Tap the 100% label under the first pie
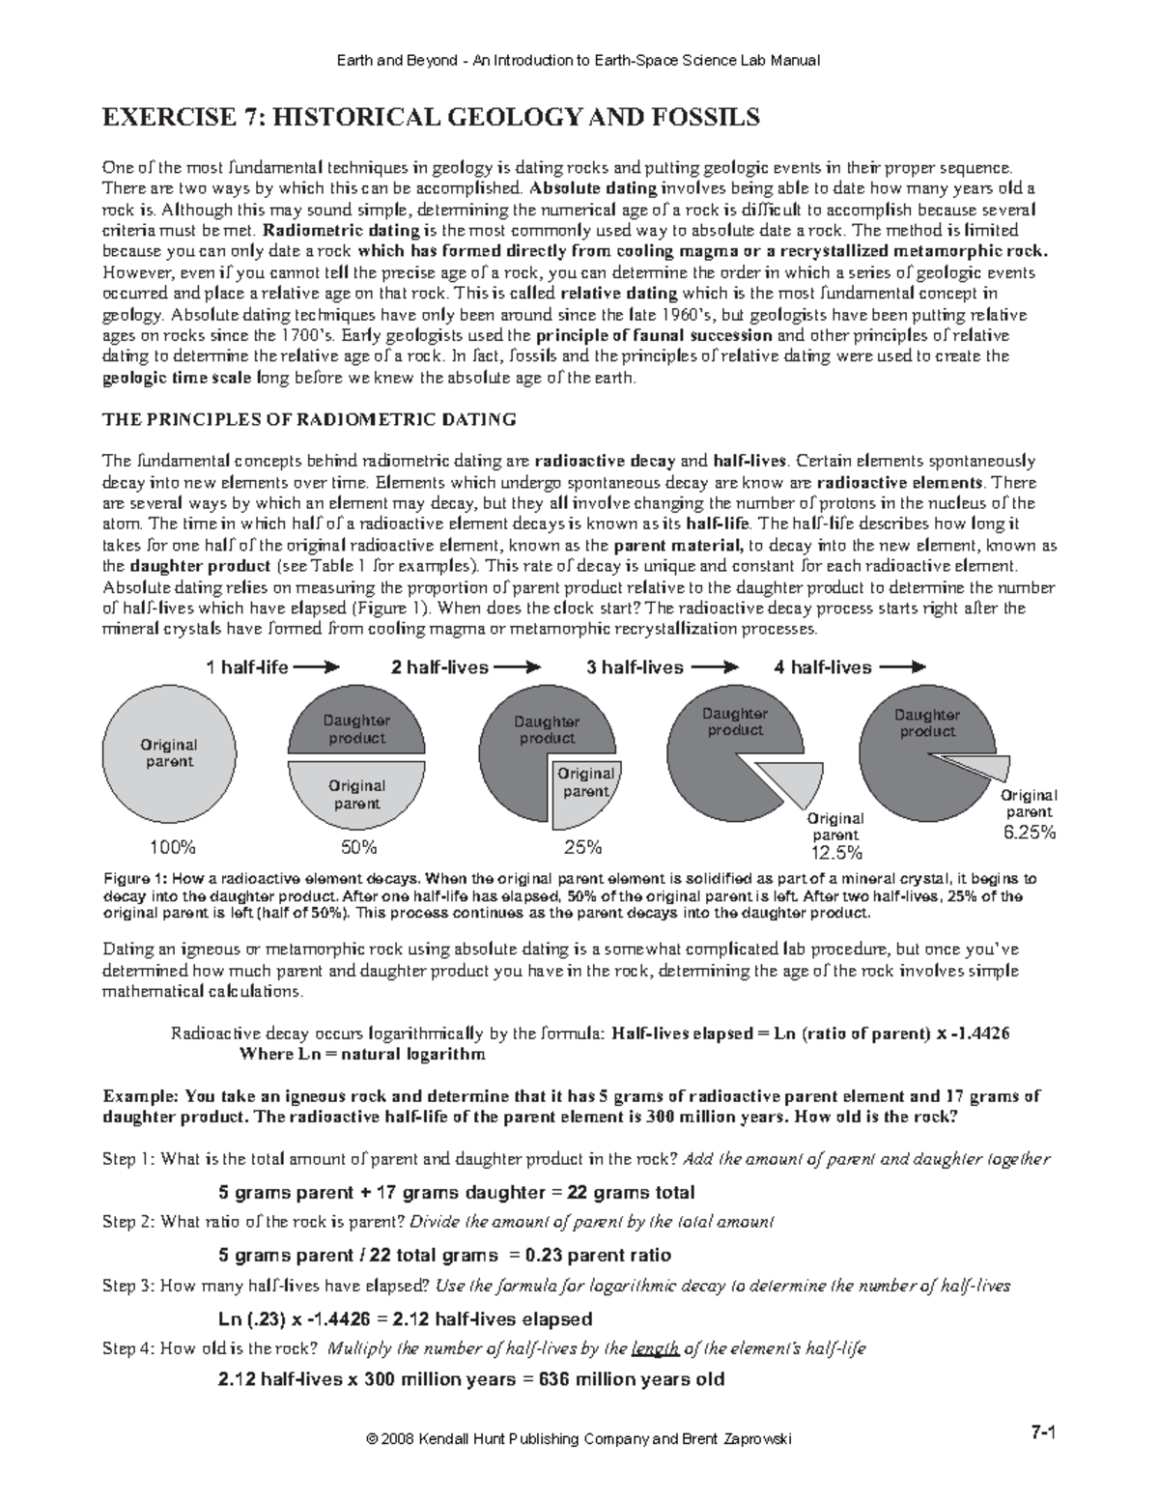(x=172, y=848)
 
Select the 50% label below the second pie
(x=357, y=848)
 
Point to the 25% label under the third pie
(x=582, y=848)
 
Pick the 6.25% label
(x=1030, y=832)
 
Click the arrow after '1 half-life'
(x=318, y=667)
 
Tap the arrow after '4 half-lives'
(x=903, y=667)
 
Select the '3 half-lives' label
(x=635, y=667)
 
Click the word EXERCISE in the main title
(x=165, y=118)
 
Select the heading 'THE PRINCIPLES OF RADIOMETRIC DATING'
(x=309, y=419)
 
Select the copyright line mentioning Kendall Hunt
(x=579, y=1439)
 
